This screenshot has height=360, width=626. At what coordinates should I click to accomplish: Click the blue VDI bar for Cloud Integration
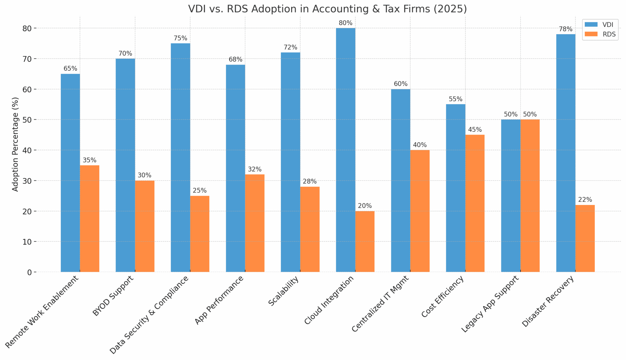tap(345, 150)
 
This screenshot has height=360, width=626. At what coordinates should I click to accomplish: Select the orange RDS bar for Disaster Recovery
tap(585, 238)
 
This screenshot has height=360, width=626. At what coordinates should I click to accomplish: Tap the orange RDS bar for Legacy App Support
tap(530, 196)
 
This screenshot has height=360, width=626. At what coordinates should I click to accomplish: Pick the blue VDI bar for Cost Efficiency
tap(455, 188)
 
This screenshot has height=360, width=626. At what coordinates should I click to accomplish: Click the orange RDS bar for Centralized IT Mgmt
tap(420, 211)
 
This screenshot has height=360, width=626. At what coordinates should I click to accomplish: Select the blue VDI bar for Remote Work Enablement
tap(70, 173)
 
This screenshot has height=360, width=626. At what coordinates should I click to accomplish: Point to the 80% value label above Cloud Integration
tap(345, 23)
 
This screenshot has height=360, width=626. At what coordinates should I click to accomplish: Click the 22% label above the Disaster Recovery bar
tap(585, 200)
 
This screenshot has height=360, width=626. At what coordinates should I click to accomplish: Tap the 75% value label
tap(180, 38)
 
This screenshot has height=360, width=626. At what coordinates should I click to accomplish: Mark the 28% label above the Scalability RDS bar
tap(310, 181)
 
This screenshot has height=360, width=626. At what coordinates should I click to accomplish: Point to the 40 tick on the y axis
tap(27, 150)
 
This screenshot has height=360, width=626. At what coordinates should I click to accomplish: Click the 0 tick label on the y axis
tap(29, 272)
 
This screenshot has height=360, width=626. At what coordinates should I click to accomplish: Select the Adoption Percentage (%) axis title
tap(15, 144)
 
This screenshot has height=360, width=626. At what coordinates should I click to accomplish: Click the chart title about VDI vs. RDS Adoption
tap(327, 9)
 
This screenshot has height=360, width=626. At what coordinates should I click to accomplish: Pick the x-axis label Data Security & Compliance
tap(149, 315)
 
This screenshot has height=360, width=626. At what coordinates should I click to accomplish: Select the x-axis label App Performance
tap(219, 300)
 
